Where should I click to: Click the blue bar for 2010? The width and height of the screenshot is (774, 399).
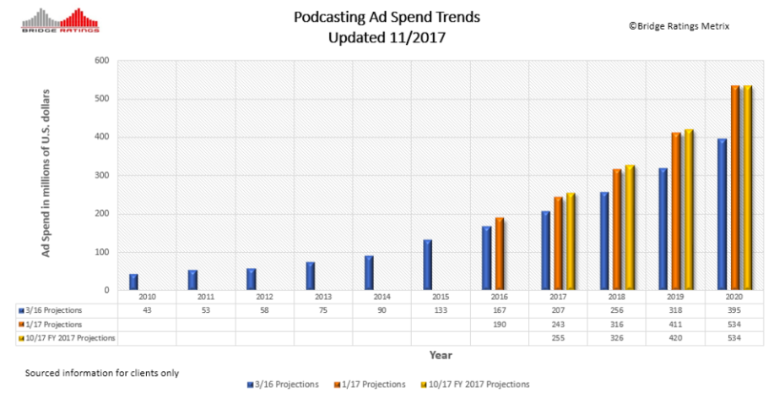(134, 282)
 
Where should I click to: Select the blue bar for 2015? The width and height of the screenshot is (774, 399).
(428, 265)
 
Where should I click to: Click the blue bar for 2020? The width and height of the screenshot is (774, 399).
(722, 215)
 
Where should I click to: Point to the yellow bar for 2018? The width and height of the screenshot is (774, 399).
(630, 227)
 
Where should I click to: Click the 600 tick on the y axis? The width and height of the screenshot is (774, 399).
(102, 61)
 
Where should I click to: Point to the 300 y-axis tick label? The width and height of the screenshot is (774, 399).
(102, 176)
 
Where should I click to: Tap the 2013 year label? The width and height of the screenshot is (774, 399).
(323, 298)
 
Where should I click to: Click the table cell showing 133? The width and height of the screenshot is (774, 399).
(441, 310)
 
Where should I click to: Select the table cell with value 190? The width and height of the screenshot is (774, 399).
(500, 324)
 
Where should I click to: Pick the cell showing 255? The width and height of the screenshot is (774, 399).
(558, 338)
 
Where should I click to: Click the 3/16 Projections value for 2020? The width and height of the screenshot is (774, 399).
(734, 310)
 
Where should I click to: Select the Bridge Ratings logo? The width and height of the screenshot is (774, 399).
(60, 20)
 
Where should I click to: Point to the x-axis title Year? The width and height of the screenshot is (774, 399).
(440, 355)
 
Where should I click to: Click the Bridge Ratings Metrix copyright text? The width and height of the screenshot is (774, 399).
(678, 26)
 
